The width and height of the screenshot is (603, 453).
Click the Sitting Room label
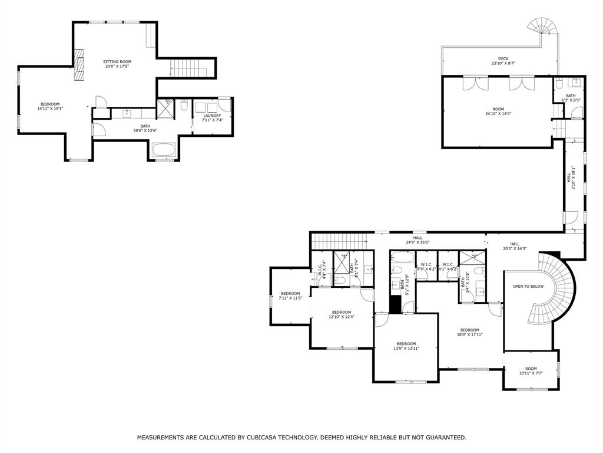click(x=117, y=64)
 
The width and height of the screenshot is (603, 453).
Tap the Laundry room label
click(x=212, y=117)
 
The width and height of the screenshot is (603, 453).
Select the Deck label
click(x=503, y=61)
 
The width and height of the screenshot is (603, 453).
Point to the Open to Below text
click(x=528, y=287)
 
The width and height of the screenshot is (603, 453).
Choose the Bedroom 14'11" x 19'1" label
click(x=50, y=106)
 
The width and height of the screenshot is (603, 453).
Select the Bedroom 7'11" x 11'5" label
click(x=290, y=296)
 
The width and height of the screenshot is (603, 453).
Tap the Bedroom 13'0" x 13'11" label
click(x=406, y=346)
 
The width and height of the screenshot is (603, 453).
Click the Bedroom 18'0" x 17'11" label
click(x=469, y=332)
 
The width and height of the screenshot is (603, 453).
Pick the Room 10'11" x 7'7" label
click(x=531, y=370)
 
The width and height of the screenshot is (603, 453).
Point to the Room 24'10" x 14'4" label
click(x=498, y=111)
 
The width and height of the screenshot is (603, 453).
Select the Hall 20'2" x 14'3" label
click(x=515, y=246)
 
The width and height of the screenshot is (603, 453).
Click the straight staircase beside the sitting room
click(x=192, y=68)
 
